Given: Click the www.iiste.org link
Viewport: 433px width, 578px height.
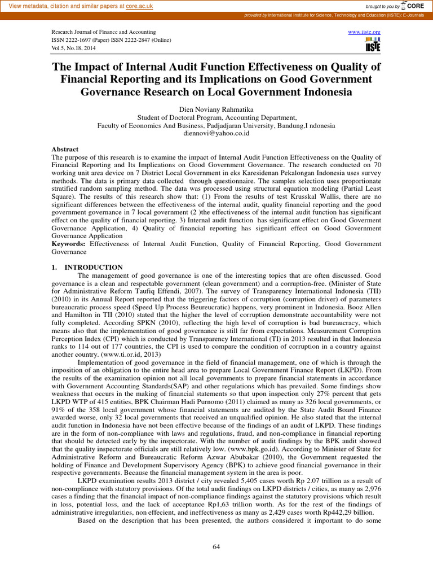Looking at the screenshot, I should pos(365,32).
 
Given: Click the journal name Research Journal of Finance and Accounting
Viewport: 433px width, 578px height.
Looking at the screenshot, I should pos(104,32).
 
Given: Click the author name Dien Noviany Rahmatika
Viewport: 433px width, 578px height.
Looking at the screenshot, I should pos(216,108).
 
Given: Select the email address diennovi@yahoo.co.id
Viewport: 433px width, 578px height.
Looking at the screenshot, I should pos(216,134).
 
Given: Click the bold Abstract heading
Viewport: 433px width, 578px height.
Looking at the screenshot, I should pos(65,150).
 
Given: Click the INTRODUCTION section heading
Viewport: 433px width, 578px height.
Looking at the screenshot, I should pos(94,267).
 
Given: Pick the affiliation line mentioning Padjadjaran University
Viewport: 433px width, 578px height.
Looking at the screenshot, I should pos(216,125).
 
